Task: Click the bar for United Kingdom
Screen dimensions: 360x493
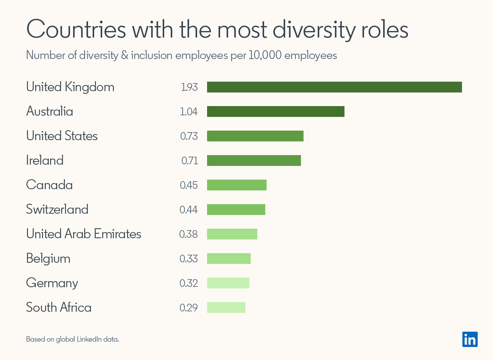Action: tap(334, 87)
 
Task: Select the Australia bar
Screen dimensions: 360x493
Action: tap(276, 111)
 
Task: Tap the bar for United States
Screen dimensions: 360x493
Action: tap(255, 136)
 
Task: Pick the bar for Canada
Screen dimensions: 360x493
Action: tap(237, 185)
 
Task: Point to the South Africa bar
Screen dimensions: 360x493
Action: tap(226, 308)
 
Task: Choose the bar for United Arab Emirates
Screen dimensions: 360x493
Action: tap(232, 234)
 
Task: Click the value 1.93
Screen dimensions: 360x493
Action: tap(189, 87)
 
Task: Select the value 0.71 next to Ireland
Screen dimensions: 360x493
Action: tap(189, 161)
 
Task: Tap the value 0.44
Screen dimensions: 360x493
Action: tap(189, 210)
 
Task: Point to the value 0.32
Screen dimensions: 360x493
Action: tap(189, 283)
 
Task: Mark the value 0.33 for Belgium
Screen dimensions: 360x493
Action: tap(189, 259)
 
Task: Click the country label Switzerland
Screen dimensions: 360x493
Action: tap(57, 209)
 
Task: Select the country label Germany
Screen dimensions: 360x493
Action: tap(52, 283)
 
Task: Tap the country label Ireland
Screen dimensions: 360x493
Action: tap(45, 160)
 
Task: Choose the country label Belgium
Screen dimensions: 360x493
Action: tap(48, 259)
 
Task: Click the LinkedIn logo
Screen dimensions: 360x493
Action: tap(470, 339)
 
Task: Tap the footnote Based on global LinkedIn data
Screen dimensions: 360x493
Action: tap(72, 339)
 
